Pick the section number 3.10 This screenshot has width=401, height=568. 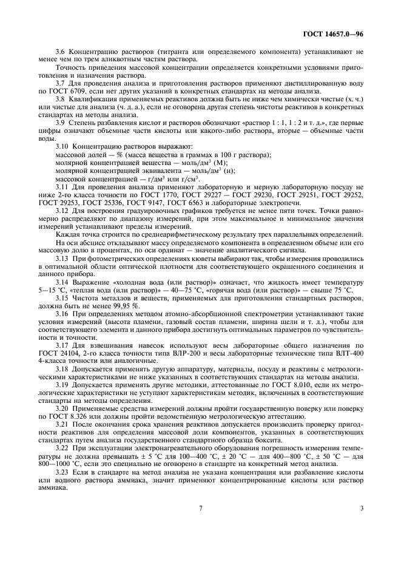point(62,147)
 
